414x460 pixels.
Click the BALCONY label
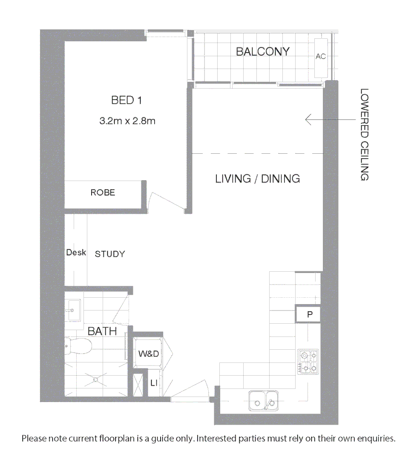coord(262,52)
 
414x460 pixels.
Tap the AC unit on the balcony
coord(320,57)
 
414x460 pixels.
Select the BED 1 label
coord(126,101)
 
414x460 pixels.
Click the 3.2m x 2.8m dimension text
coord(127,121)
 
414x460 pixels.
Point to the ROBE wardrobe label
coord(103,193)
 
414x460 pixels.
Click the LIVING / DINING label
coord(257,178)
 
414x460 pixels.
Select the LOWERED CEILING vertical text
coord(364,134)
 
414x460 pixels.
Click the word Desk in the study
coord(76,253)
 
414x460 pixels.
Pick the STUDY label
coord(110,254)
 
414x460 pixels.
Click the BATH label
coord(102,331)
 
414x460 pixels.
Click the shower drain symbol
coord(97,378)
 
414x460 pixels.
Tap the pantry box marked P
coord(310,315)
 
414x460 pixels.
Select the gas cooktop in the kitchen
coord(308,362)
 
